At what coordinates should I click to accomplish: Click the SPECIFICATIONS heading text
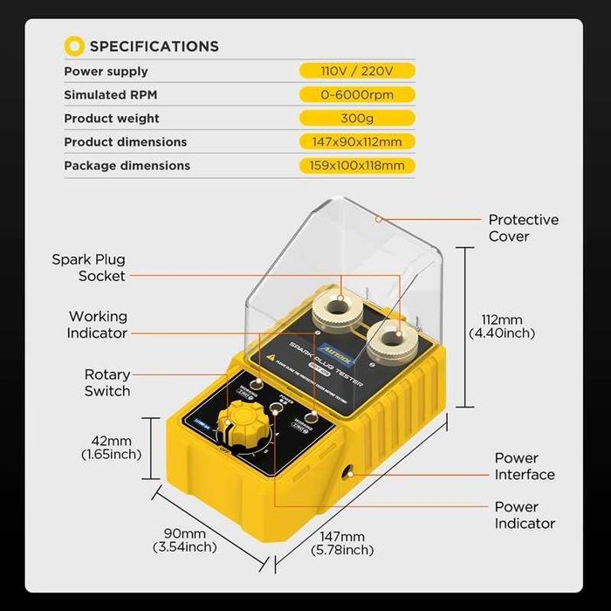pyautogui.click(x=154, y=46)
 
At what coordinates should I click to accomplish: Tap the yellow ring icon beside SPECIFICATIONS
pyautogui.click(x=75, y=45)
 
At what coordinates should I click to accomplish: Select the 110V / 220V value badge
pyautogui.click(x=357, y=71)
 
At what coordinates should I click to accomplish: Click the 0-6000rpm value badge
pyautogui.click(x=357, y=94)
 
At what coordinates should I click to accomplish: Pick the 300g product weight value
pyautogui.click(x=357, y=118)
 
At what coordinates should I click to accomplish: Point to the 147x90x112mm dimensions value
pyautogui.click(x=357, y=141)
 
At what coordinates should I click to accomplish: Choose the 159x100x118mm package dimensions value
pyautogui.click(x=357, y=165)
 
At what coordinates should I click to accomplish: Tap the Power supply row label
pyautogui.click(x=106, y=71)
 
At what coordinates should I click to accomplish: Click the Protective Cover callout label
pyautogui.click(x=523, y=228)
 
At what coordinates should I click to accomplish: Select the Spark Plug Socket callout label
pyautogui.click(x=88, y=267)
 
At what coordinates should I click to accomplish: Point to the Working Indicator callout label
pyautogui.click(x=98, y=324)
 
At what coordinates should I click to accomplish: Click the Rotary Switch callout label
pyautogui.click(x=106, y=382)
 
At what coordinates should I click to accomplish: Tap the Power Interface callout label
pyautogui.click(x=524, y=466)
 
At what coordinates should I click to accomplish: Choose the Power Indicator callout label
pyautogui.click(x=524, y=515)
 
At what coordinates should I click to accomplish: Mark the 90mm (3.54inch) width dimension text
pyautogui.click(x=184, y=540)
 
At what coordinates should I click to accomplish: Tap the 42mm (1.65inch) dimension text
pyautogui.click(x=111, y=447)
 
